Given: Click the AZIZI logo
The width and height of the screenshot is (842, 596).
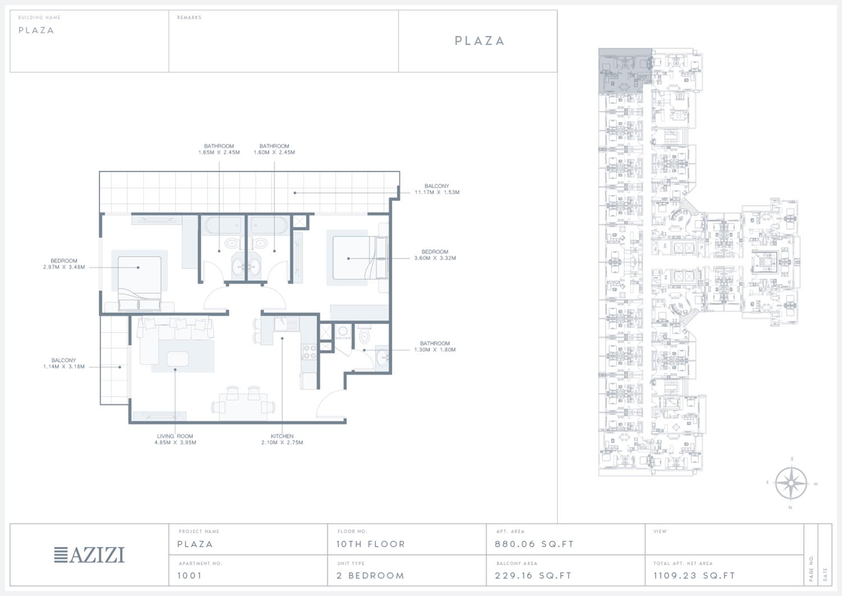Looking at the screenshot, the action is point(89,555).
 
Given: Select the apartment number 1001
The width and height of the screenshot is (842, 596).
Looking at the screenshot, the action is point(190,576).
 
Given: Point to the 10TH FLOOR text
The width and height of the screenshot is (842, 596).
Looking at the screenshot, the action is point(370,544).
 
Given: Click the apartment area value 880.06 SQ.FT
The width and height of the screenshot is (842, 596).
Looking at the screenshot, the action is point(534,544).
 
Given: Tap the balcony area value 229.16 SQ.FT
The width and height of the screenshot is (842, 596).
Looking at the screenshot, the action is point(533,576).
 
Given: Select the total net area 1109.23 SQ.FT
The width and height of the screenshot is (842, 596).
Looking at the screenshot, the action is point(694,576).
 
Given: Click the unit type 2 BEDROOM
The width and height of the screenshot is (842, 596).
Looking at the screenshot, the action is point(370,576).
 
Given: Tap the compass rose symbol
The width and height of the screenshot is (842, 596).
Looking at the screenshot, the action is point(791,484).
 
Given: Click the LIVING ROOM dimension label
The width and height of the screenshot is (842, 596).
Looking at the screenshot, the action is point(175,439).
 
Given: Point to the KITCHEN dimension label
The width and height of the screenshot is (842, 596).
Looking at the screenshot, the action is point(282,439).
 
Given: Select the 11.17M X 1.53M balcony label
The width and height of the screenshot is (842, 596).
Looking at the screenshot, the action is point(437,189).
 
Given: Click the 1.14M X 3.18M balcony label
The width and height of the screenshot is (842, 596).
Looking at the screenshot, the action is point(63,363).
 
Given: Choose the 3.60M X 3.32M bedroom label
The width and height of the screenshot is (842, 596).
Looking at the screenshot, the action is point(435,254).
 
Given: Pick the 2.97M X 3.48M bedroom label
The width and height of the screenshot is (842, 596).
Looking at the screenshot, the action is point(64,264).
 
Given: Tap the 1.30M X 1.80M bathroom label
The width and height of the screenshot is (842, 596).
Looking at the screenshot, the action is point(435,347).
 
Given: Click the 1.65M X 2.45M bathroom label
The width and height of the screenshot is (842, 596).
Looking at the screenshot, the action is point(219,149).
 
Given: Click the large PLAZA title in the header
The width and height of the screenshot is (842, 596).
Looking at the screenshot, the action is point(479,40).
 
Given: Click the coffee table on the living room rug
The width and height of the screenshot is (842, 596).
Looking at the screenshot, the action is point(177,359).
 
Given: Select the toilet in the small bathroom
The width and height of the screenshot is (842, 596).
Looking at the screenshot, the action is point(364,336).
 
